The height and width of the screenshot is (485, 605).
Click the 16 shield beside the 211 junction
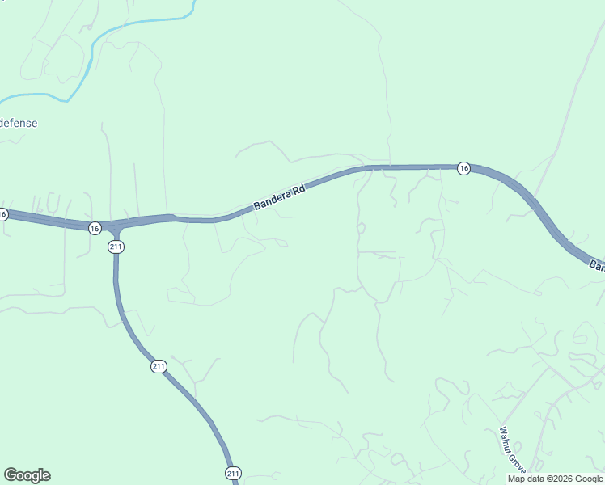(95, 229)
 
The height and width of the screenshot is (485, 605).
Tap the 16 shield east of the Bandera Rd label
(463, 168)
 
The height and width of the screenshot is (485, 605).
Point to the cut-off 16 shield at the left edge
(3, 214)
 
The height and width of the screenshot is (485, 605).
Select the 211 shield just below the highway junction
(116, 247)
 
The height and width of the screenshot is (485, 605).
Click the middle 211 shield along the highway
(159, 366)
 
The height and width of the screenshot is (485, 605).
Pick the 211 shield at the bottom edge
(233, 473)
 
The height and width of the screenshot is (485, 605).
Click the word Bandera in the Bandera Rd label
(272, 199)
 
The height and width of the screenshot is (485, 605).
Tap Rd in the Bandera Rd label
(299, 188)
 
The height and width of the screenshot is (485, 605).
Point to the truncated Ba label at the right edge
(597, 265)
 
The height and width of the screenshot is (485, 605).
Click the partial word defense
(19, 124)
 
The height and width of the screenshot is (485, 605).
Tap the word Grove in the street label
(516, 462)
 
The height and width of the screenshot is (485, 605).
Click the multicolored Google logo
(27, 475)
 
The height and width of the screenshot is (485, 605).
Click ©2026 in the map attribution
(562, 479)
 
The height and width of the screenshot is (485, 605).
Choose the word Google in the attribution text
(590, 479)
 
